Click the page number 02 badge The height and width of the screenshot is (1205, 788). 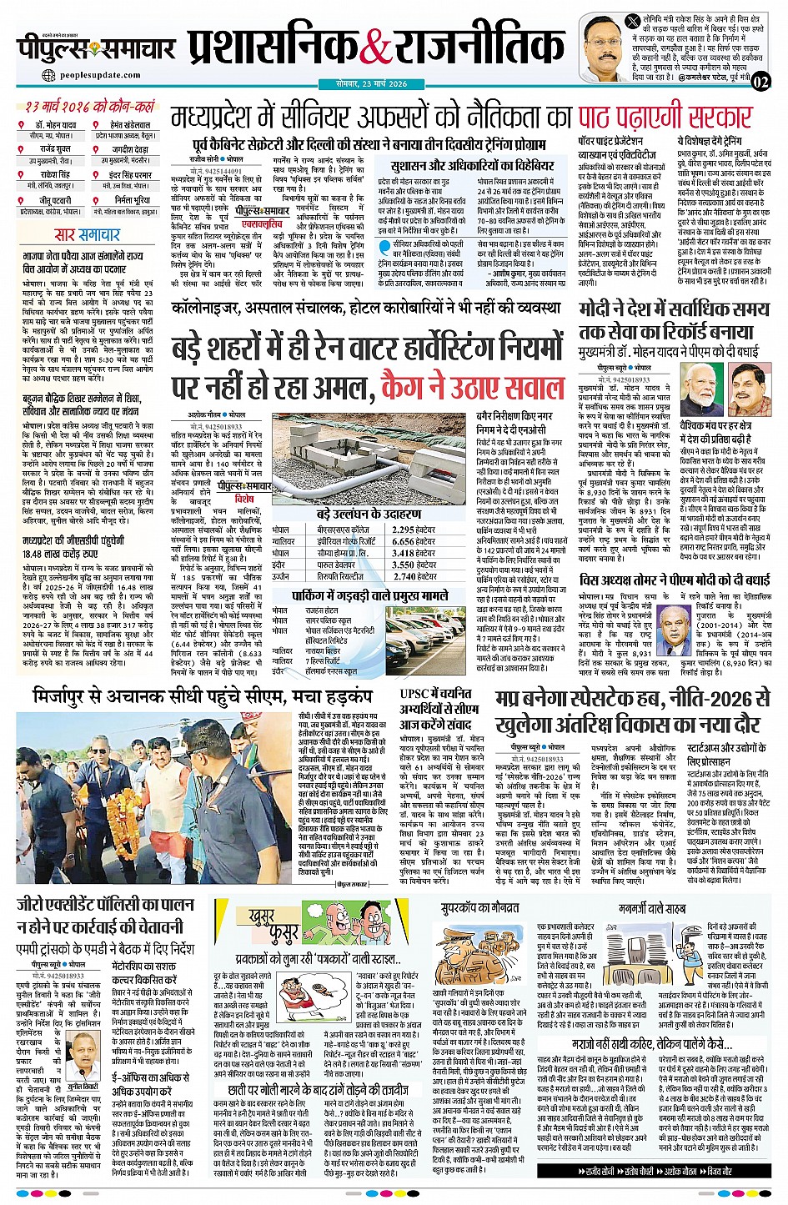(x=760, y=81)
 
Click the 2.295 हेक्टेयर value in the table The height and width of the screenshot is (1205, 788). (x=414, y=530)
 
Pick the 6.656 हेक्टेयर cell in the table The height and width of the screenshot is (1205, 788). (x=414, y=541)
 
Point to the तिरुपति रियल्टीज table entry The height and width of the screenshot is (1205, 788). (x=340, y=576)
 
